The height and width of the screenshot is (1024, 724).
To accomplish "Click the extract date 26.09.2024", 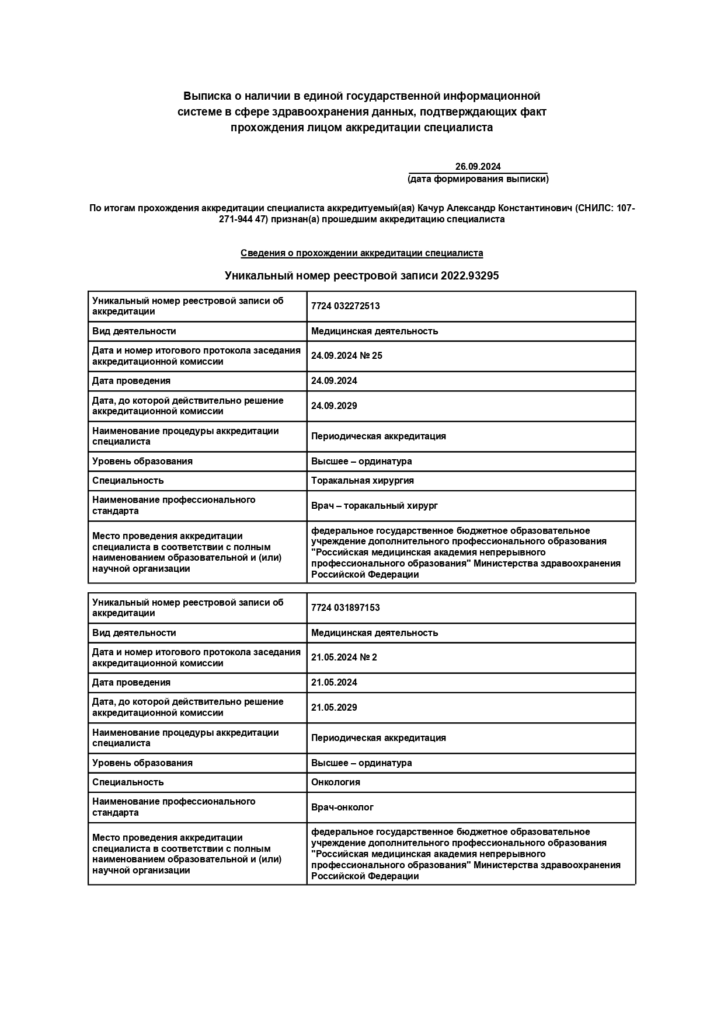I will tap(478, 167).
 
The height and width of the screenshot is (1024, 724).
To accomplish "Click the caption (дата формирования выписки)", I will tap(478, 179).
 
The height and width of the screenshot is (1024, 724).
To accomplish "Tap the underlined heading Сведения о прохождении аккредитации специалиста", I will tap(361, 253).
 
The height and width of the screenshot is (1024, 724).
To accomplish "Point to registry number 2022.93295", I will tap(470, 276).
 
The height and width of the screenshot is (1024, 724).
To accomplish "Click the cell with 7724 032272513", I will tap(345, 306).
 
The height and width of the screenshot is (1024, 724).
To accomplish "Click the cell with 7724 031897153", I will tap(345, 608).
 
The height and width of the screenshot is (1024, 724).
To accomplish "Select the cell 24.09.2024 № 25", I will tap(347, 356).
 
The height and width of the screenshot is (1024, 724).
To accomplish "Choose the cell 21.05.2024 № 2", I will tap(344, 658).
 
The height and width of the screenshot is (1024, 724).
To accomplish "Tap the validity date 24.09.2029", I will tap(334, 406).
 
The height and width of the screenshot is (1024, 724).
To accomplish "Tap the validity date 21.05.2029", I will tap(334, 708).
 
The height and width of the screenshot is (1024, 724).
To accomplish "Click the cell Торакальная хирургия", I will tap(362, 481).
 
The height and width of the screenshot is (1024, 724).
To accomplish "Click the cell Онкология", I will tap(336, 782).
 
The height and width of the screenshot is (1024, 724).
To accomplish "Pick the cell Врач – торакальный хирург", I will tap(374, 506).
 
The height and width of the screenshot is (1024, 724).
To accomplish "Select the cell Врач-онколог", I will tap(342, 808).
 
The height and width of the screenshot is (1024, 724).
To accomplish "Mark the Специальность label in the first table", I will tap(128, 481).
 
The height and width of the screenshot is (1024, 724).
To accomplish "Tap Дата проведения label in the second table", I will tap(131, 683).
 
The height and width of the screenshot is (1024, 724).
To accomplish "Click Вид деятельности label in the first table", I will tap(134, 331).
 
